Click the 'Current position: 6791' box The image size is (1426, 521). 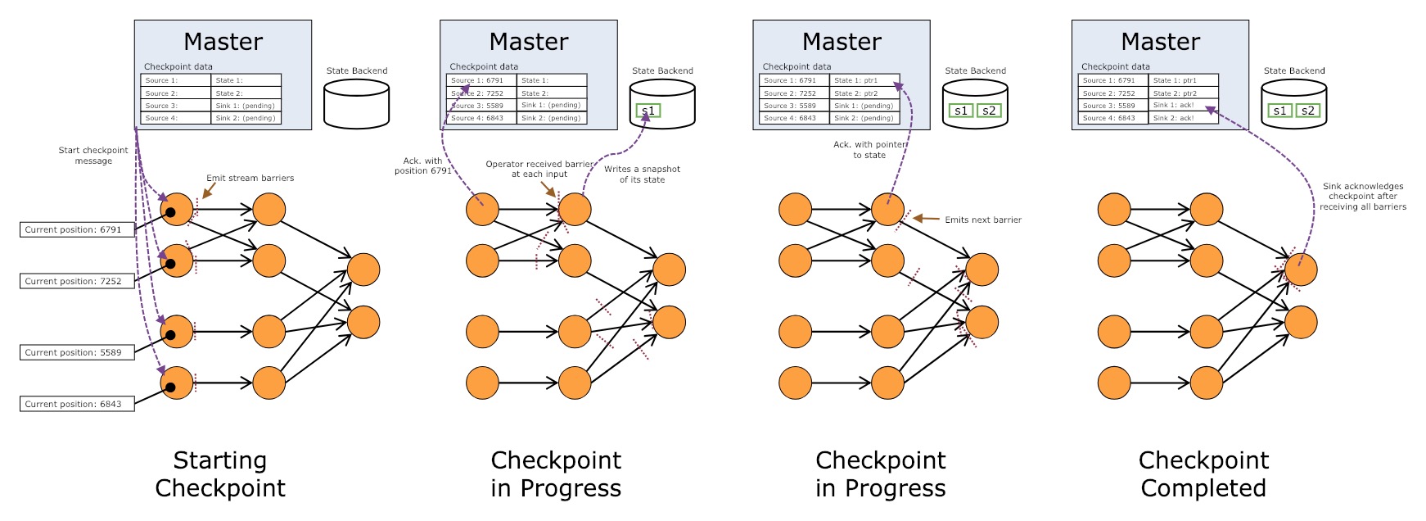77,230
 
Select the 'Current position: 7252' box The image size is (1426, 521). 77,282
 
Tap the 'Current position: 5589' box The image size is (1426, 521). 77,353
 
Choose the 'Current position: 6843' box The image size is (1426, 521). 77,405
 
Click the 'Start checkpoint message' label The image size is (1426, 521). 93,156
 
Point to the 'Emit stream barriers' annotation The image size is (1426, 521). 250,178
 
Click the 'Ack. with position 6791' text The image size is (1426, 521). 422,165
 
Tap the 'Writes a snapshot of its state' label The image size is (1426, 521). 642,174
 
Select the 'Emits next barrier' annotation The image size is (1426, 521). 983,220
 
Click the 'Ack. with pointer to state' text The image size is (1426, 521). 869,150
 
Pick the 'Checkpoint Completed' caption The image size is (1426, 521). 1203,474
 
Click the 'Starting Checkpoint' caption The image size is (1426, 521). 220,474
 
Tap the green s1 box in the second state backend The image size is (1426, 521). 648,111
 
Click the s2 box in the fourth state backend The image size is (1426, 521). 1308,111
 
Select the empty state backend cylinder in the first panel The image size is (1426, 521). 356,103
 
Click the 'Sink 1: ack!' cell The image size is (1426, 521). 1184,106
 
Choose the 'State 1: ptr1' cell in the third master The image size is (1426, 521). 864,80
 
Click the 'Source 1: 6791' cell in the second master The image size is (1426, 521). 481,80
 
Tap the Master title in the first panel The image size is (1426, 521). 223,42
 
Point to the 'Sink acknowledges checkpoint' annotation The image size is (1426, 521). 1363,197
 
